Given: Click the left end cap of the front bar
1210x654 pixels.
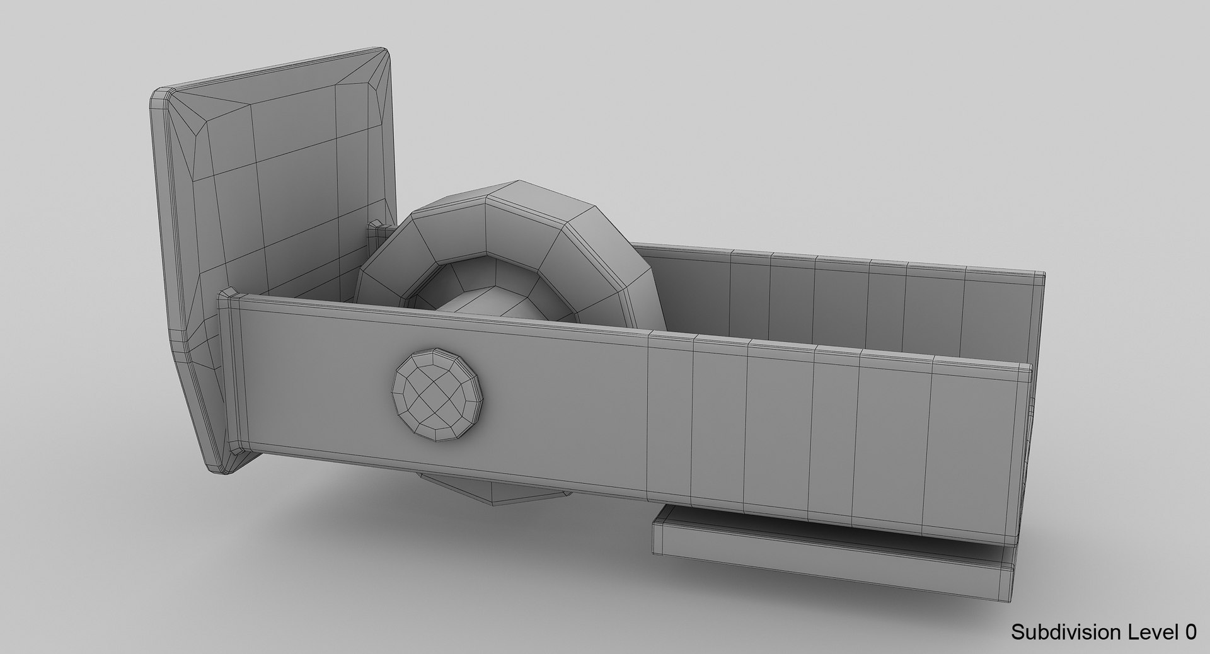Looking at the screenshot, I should [236, 372].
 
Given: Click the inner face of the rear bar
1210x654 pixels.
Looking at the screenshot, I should [819, 296].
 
